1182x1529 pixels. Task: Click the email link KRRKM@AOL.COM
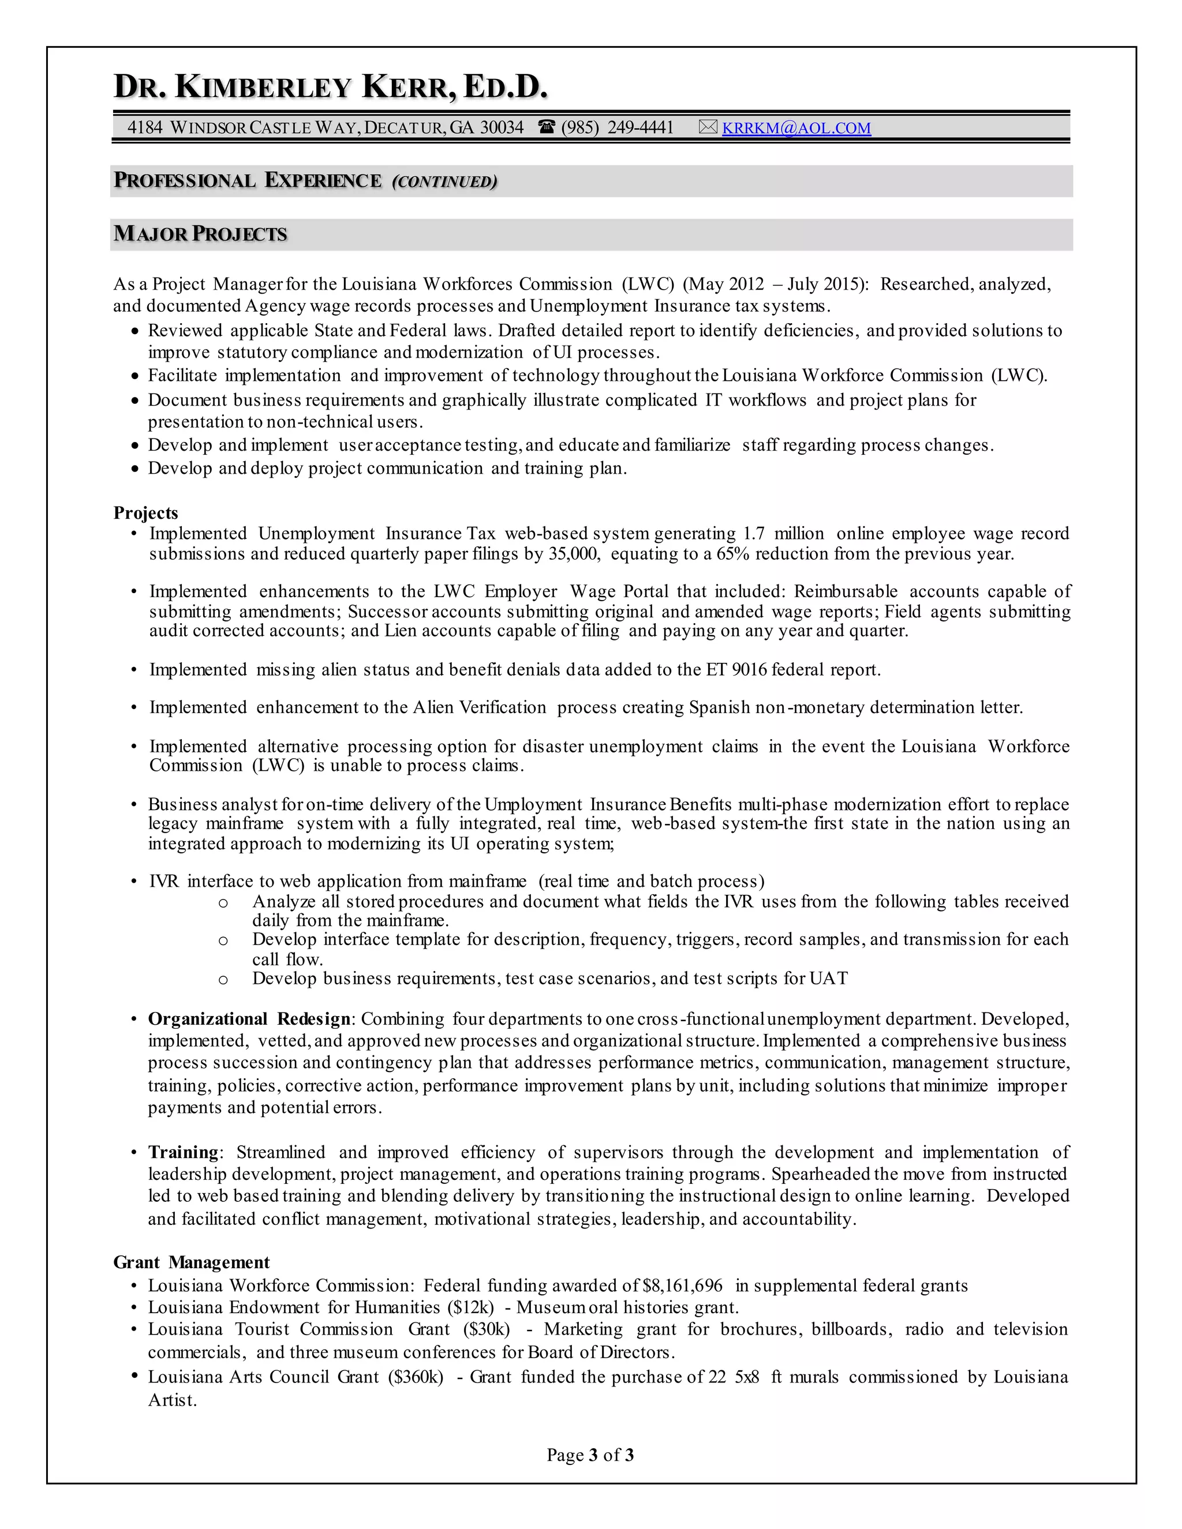[796, 128]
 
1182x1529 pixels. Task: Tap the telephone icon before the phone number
[547, 128]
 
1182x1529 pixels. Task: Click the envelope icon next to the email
[708, 128]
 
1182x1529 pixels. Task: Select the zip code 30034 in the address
[502, 128]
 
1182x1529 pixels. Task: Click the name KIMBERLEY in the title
[263, 88]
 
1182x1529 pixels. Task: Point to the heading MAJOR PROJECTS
[200, 234]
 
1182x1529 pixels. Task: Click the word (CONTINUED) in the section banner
[444, 182]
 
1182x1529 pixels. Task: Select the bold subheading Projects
[145, 512]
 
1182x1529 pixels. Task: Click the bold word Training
[184, 1152]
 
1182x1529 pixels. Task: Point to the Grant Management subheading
[191, 1262]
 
